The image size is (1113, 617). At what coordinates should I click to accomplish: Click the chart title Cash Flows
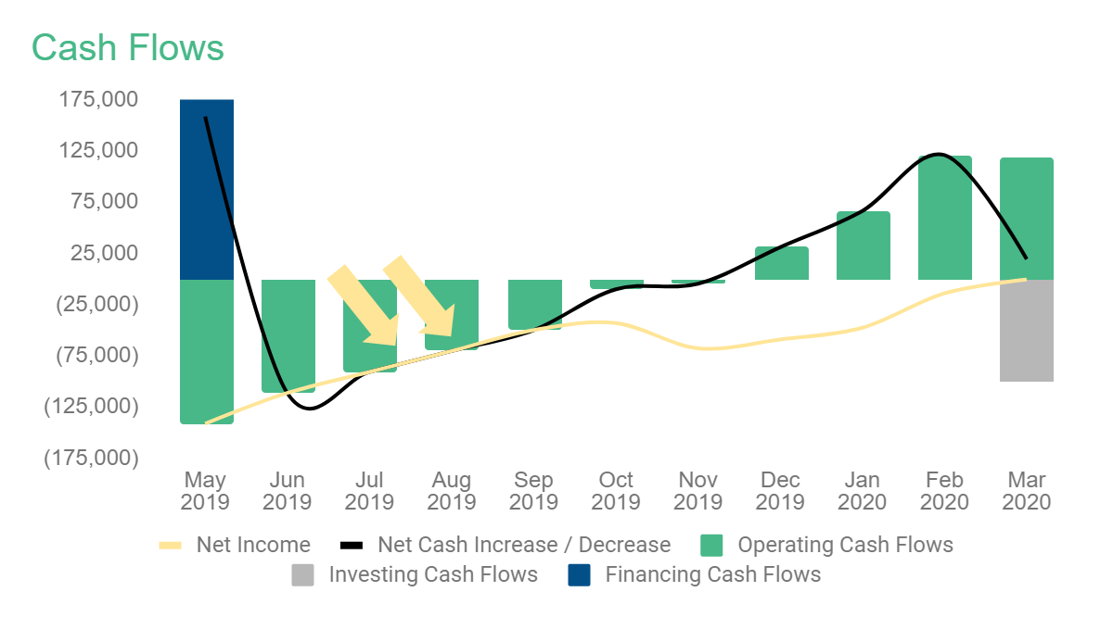coord(128,47)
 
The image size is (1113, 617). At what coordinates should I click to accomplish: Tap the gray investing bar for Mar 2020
coord(1027,330)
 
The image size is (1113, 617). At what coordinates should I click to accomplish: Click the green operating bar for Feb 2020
coord(945,218)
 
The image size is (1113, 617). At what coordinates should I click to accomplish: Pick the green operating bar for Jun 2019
coord(288,335)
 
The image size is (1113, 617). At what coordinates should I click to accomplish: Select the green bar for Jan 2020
coord(864,246)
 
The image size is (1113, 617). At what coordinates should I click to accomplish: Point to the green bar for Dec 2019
coord(782,263)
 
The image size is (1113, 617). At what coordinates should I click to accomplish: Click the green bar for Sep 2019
coord(535,304)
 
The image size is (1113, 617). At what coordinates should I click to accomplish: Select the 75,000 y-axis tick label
coord(105,202)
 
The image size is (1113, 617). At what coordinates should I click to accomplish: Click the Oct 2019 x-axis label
coord(616,491)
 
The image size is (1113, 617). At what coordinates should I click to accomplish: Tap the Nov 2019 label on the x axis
coord(697,491)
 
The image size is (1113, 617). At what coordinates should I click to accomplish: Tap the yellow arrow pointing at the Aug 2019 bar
coord(420,296)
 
